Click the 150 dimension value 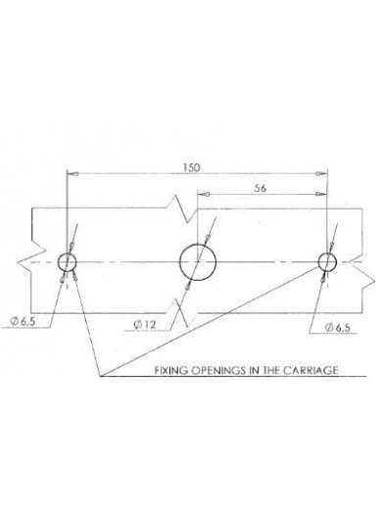click(x=191, y=167)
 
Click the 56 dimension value click(x=261, y=188)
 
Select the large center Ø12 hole click(x=198, y=262)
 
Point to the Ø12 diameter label click(x=145, y=325)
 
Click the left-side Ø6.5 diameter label click(x=23, y=322)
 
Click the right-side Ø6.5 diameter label click(x=338, y=328)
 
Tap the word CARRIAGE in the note click(x=310, y=370)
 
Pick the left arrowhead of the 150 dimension click(x=72, y=174)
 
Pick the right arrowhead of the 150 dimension click(x=321, y=174)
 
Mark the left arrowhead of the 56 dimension click(x=204, y=194)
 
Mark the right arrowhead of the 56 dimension click(x=321, y=194)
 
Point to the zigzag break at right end click(x=362, y=271)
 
